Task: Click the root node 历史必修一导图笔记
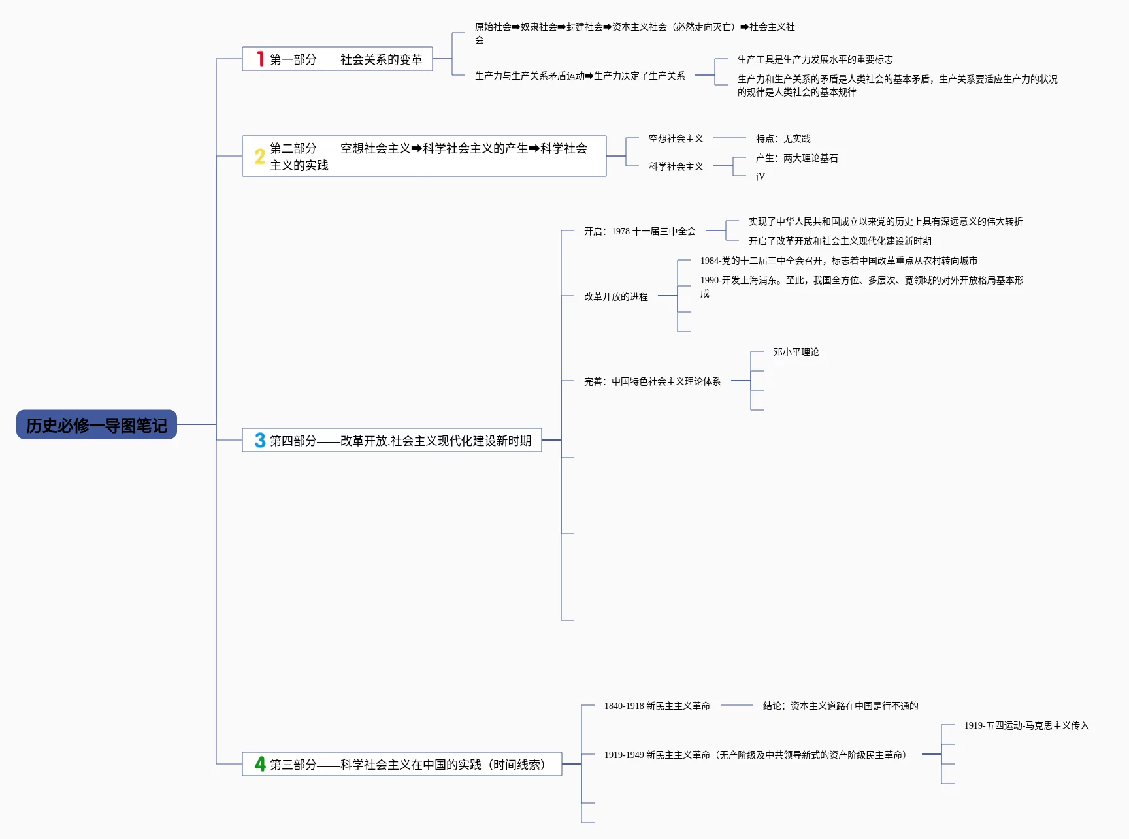(x=97, y=425)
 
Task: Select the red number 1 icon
(x=260, y=59)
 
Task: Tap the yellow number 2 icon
(x=260, y=156)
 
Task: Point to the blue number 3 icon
(x=260, y=440)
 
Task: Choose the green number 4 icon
(x=260, y=764)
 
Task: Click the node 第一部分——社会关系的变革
(x=346, y=59)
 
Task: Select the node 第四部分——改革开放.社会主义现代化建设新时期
(x=400, y=441)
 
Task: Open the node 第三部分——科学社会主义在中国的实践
(x=407, y=765)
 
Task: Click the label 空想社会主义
(x=676, y=138)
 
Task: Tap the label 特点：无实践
(x=783, y=138)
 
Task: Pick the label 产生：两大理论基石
(x=796, y=158)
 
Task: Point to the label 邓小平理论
(x=796, y=352)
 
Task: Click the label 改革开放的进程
(x=615, y=296)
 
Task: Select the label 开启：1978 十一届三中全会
(x=640, y=231)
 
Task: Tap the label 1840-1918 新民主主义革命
(x=657, y=706)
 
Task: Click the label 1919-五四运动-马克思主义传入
(x=1026, y=725)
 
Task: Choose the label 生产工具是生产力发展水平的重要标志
(x=815, y=59)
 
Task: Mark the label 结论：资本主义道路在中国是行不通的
(x=840, y=706)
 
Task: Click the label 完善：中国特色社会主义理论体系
(x=652, y=381)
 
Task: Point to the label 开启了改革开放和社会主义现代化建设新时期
(x=840, y=241)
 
